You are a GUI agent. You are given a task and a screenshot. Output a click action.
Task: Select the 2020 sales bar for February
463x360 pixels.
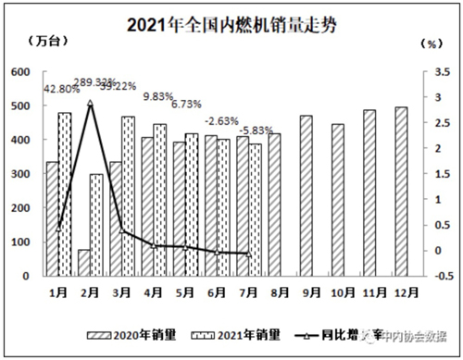[83, 263]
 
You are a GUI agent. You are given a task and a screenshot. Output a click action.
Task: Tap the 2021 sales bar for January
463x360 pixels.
[65, 194]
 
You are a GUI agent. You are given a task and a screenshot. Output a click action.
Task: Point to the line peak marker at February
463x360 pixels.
[90, 104]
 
